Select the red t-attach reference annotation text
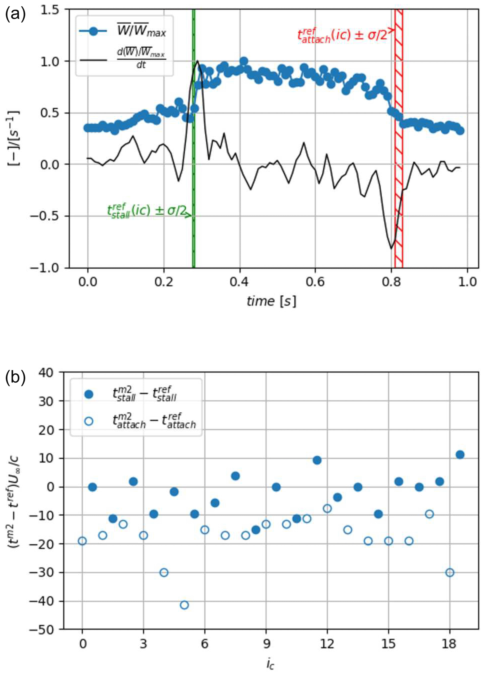(343, 35)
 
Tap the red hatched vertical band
(399, 149)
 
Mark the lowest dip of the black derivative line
(391, 248)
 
